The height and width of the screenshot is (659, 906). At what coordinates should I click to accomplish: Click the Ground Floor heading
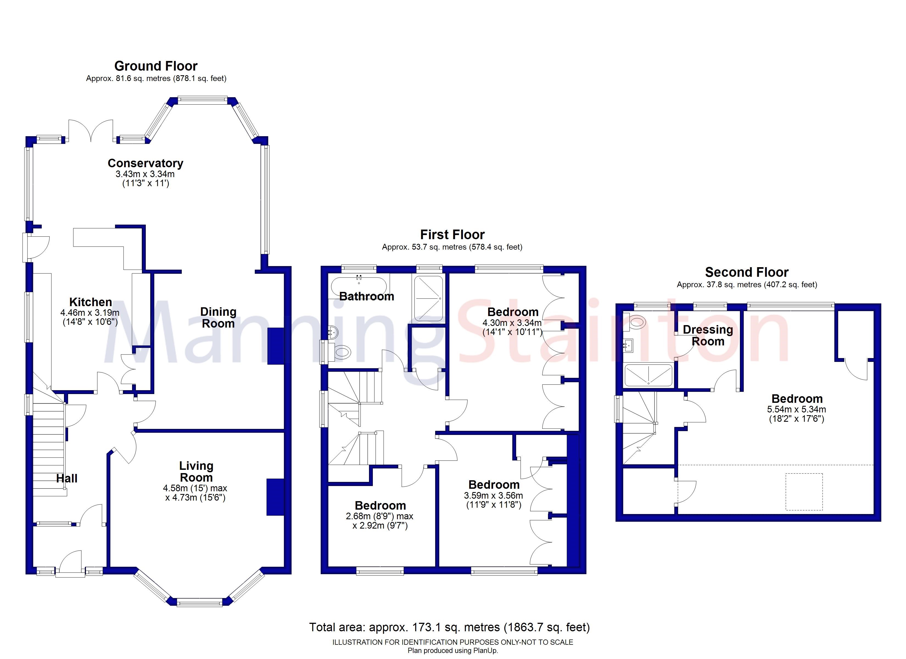156,66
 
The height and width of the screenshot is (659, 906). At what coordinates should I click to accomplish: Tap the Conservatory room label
146,163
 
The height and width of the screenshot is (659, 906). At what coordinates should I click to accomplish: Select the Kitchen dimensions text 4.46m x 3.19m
90,312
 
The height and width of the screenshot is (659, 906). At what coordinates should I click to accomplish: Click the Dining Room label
218,317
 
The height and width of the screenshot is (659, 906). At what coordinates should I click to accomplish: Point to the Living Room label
196,471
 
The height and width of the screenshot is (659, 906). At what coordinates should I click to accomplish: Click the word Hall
67,478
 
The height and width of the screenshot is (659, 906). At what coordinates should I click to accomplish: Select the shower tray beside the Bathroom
429,298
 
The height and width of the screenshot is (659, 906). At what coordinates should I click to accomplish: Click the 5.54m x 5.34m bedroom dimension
796,409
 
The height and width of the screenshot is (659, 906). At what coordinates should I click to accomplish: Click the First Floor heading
452,234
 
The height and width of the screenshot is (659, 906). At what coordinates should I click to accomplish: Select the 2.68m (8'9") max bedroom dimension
379,516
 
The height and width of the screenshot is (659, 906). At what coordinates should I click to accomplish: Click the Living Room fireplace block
275,497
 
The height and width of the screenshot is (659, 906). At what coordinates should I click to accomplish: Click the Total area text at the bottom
449,627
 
